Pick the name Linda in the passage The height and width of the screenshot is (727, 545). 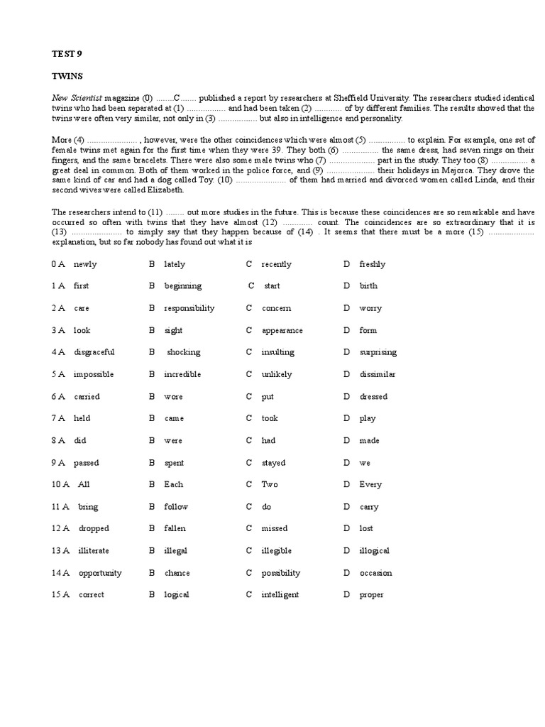tap(451, 180)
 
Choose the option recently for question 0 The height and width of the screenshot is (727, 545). tap(276, 264)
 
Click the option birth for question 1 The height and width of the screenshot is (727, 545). tap(368, 286)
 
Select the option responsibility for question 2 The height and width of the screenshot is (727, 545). tap(189, 308)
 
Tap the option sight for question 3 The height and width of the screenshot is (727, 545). tap(173, 330)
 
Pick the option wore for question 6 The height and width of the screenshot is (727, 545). tap(173, 397)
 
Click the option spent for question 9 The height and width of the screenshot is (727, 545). tap(174, 463)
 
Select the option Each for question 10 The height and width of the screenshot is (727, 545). tap(173, 484)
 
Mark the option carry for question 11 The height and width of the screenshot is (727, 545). tap(369, 507)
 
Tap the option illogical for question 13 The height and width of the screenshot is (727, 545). tap(374, 551)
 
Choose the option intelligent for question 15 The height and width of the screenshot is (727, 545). tap(280, 595)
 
